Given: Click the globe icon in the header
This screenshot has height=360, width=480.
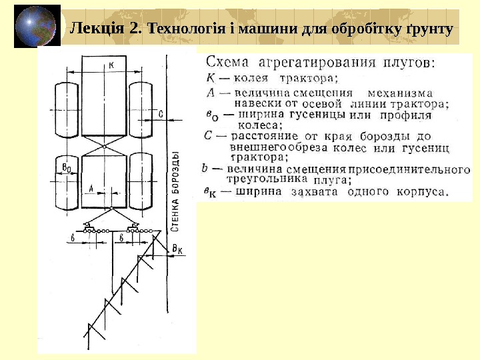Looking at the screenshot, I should click(x=35, y=27).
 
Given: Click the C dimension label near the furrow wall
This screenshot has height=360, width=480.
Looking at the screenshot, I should click(x=161, y=113).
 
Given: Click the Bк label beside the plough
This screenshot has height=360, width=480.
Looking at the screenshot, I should click(x=177, y=249).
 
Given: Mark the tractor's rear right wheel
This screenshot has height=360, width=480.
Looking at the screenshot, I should click(x=141, y=182).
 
